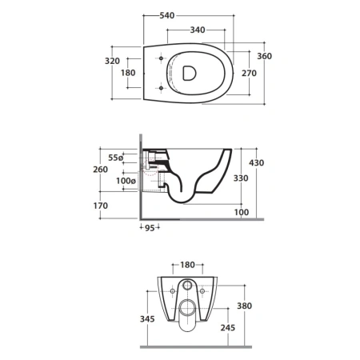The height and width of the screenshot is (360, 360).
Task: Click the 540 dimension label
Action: pyautogui.click(x=167, y=16)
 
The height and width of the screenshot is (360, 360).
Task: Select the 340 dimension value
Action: pyautogui.click(x=198, y=30)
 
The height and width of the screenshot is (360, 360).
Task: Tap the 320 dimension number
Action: pyautogui.click(x=112, y=61)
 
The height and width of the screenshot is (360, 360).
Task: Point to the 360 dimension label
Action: pyautogui.click(x=265, y=56)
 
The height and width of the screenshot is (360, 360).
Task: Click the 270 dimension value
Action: pyautogui.click(x=249, y=73)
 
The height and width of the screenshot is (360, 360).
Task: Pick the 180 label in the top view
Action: pyautogui.click(x=128, y=73)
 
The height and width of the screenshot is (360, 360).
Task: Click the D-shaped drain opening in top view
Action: pyautogui.click(x=190, y=73)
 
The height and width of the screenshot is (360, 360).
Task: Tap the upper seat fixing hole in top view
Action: pyautogui.click(x=161, y=58)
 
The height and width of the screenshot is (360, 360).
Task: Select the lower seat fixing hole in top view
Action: pyautogui.click(x=161, y=88)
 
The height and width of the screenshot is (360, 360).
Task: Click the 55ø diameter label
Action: pyautogui.click(x=116, y=158)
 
